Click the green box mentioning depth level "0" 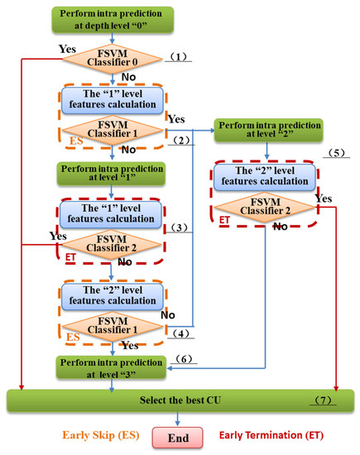[x=113, y=19]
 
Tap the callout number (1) [x=181, y=56]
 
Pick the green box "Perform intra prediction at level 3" [x=114, y=366]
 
